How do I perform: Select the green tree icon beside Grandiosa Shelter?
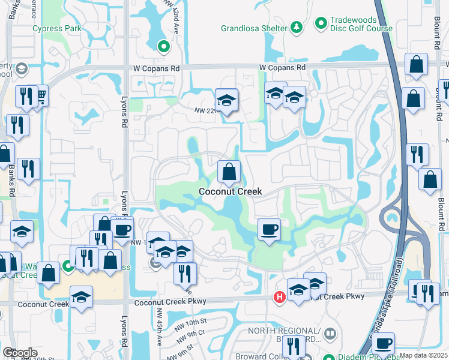[x=296, y=27]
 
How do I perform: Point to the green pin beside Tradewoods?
[x=321, y=23]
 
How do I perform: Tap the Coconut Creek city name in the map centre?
[x=231, y=191]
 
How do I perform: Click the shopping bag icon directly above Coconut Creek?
[x=229, y=172]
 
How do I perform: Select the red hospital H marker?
[x=279, y=296]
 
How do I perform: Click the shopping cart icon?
[x=41, y=96]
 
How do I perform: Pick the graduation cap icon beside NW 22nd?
[x=226, y=101]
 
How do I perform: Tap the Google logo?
[x=20, y=352]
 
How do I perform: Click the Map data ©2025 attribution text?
[x=423, y=355]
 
